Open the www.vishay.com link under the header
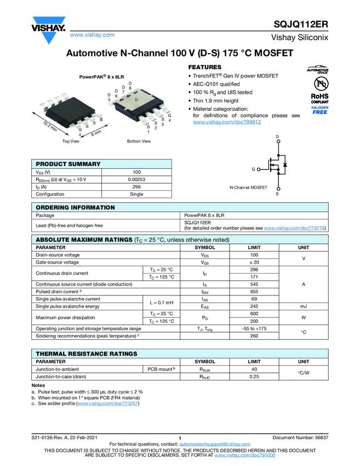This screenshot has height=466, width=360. pos(92,35)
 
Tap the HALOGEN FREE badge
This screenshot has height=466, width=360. pos(320,110)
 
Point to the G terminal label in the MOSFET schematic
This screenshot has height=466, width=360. pos(253,169)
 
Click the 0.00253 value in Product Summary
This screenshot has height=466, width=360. pos(136,179)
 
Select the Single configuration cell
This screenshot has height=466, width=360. pos(136,194)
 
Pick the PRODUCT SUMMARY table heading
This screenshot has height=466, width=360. pos(68,164)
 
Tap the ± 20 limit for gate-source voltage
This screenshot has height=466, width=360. pos(254,263)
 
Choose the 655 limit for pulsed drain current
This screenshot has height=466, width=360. pos(254,292)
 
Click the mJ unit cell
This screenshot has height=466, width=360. pos(303,306)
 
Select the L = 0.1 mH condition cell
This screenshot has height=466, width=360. pos(161,303)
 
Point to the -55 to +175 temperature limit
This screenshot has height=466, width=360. pos(254,328)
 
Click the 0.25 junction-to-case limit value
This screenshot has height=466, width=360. pos(254,377)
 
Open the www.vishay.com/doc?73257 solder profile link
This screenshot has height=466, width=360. pos(108,404)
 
